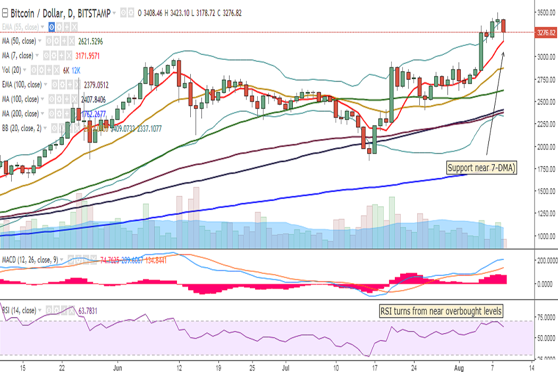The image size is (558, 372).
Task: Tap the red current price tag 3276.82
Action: click(545, 32)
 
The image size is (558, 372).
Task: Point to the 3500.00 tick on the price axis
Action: click(545, 12)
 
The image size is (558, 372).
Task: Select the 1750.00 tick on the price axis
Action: click(545, 169)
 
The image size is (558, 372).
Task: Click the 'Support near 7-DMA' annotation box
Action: click(481, 168)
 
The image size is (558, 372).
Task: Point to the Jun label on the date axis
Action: click(119, 367)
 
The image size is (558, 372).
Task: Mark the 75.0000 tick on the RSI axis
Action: click(545, 317)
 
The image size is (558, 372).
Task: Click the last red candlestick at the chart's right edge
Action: click(504, 25)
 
